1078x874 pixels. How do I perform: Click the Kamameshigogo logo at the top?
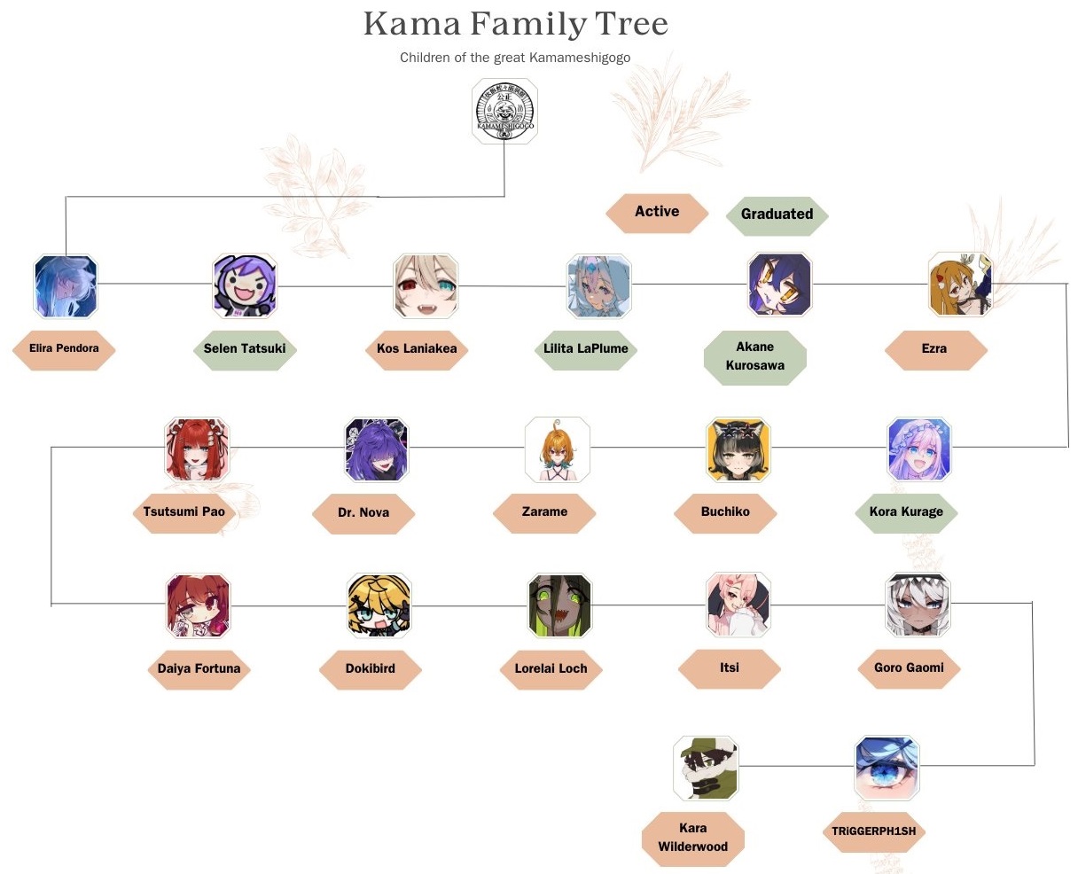[x=504, y=111]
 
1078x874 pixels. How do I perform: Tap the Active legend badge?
[x=657, y=212]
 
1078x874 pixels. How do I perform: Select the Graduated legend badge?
[x=777, y=214]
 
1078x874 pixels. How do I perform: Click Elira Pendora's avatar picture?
[x=66, y=286]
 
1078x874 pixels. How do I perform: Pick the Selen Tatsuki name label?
[x=245, y=348]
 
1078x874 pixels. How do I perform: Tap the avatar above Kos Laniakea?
[x=426, y=285]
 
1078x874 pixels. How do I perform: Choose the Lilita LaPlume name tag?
[x=585, y=348]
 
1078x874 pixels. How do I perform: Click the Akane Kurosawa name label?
[x=755, y=356]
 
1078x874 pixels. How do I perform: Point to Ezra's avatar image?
[x=960, y=285]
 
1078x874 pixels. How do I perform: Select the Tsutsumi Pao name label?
[x=184, y=511]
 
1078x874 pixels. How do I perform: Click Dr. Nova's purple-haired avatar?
[x=377, y=449]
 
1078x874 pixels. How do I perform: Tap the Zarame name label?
[x=544, y=511]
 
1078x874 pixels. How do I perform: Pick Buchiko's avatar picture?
[x=738, y=449]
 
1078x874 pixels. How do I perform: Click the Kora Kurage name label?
[x=906, y=511]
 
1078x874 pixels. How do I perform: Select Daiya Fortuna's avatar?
[x=199, y=605]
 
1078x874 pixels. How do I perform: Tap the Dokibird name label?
[x=371, y=668]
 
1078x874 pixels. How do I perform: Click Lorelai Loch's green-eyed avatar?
[x=559, y=605]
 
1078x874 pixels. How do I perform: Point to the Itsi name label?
[x=730, y=667]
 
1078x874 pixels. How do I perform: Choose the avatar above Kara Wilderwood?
[x=705, y=768]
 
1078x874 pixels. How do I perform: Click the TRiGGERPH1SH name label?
[x=873, y=831]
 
